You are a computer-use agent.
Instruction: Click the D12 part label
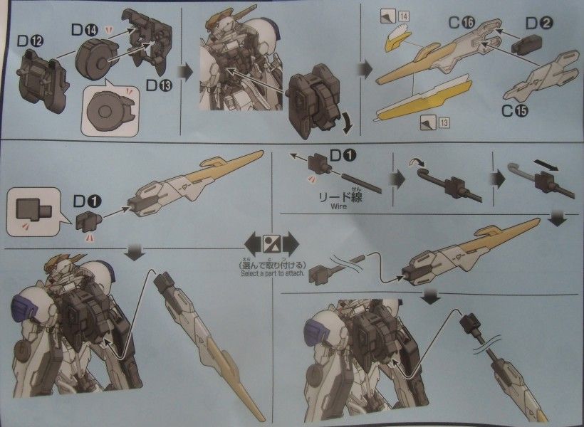[30, 41]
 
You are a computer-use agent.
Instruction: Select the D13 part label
[158, 85]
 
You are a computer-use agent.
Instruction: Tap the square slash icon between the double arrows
[273, 242]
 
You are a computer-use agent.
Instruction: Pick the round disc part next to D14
[94, 60]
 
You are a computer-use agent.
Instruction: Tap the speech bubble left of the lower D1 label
[31, 212]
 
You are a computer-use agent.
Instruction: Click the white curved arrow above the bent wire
[416, 164]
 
